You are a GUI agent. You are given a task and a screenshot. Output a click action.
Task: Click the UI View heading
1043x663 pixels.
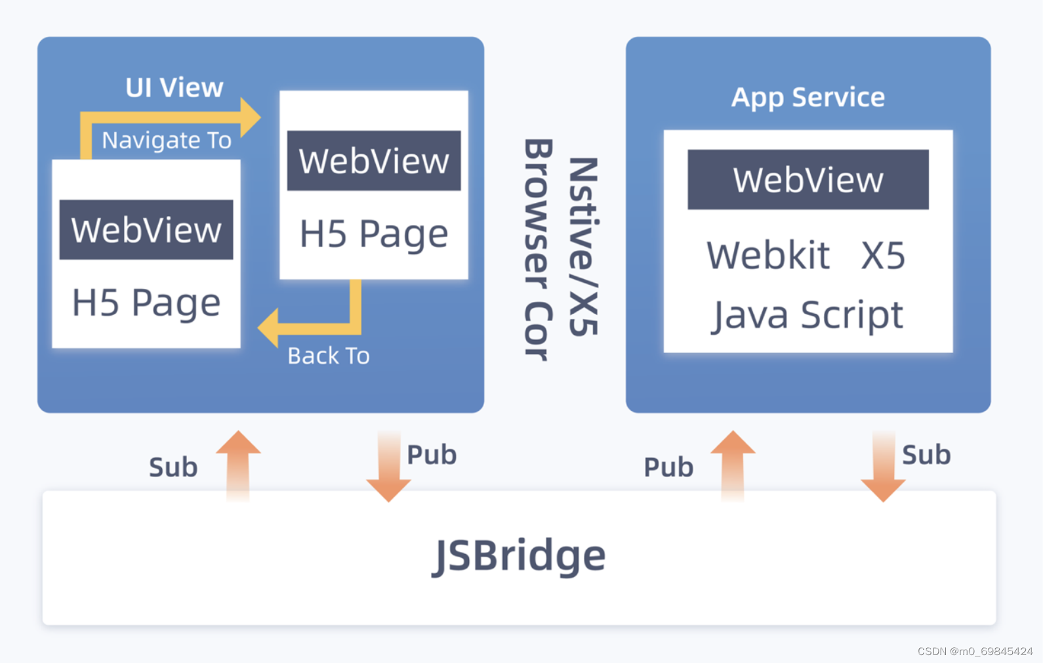tap(174, 87)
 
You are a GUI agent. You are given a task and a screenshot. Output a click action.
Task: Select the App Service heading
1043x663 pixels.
tap(808, 98)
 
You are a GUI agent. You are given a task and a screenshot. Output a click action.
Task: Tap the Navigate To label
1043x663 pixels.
tap(166, 140)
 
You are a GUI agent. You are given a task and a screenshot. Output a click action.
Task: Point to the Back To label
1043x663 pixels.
tap(329, 356)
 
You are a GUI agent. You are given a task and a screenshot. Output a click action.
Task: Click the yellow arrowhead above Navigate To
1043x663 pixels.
tap(250, 117)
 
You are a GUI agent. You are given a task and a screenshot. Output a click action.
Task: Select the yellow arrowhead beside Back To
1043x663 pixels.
tap(268, 328)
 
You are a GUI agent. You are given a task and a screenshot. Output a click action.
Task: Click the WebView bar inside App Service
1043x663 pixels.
tap(808, 179)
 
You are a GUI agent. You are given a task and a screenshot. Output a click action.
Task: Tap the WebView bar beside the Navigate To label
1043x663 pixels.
tap(374, 160)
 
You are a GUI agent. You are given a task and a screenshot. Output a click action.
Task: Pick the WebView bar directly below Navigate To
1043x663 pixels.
tap(146, 230)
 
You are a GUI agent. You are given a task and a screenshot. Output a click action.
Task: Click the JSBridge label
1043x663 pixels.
tap(519, 555)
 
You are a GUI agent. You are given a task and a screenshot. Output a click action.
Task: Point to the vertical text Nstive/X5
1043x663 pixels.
tap(583, 246)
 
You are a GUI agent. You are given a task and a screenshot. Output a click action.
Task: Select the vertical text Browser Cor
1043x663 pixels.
tap(539, 249)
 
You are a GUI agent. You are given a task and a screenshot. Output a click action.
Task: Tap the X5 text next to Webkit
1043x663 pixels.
tap(883, 255)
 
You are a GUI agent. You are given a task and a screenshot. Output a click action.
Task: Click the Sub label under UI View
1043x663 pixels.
tap(173, 467)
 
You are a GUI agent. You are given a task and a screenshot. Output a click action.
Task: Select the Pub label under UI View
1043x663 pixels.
tap(432, 455)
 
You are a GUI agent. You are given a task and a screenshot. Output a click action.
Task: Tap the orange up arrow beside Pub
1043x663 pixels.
tap(733, 466)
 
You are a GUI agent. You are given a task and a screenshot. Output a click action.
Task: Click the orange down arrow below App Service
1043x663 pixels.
tap(883, 467)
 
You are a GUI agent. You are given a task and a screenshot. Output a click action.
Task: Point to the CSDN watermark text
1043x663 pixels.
tap(975, 651)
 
